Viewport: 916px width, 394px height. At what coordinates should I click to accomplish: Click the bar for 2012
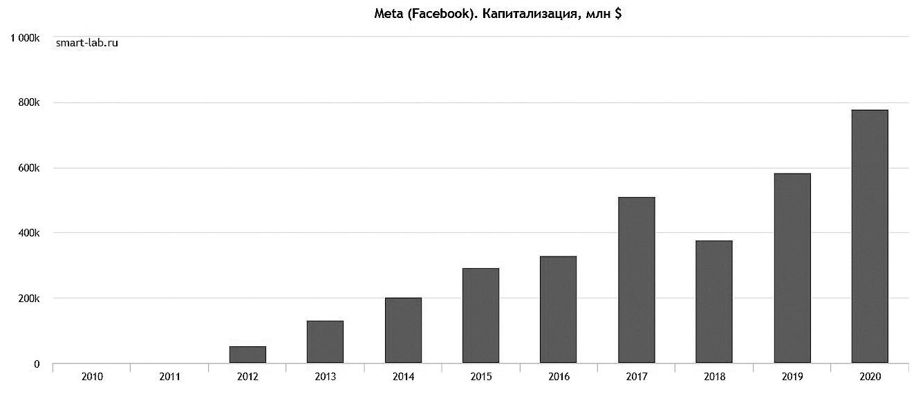click(247, 355)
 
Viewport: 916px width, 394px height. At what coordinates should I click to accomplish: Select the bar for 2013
click(325, 342)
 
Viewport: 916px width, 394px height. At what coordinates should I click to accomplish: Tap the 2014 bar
click(403, 330)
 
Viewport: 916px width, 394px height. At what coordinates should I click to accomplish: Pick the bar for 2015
click(480, 316)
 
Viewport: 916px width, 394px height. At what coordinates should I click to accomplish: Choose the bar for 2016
click(559, 310)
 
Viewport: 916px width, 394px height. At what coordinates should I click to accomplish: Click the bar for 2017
click(636, 280)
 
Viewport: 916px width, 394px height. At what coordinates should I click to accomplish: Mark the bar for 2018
click(714, 302)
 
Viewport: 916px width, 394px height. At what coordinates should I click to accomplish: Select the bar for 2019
click(792, 268)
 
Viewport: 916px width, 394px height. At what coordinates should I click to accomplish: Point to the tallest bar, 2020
click(870, 236)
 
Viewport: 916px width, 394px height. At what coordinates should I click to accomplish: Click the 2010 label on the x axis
click(92, 377)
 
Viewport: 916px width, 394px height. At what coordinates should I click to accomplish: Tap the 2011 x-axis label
click(169, 377)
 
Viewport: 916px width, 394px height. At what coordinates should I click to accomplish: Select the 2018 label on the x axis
click(714, 377)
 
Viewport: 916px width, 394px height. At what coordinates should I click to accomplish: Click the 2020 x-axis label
click(870, 377)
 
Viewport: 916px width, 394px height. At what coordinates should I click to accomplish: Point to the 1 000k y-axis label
click(25, 37)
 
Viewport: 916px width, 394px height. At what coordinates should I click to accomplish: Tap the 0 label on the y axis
click(37, 364)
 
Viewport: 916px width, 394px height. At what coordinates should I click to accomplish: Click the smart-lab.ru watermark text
click(87, 43)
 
